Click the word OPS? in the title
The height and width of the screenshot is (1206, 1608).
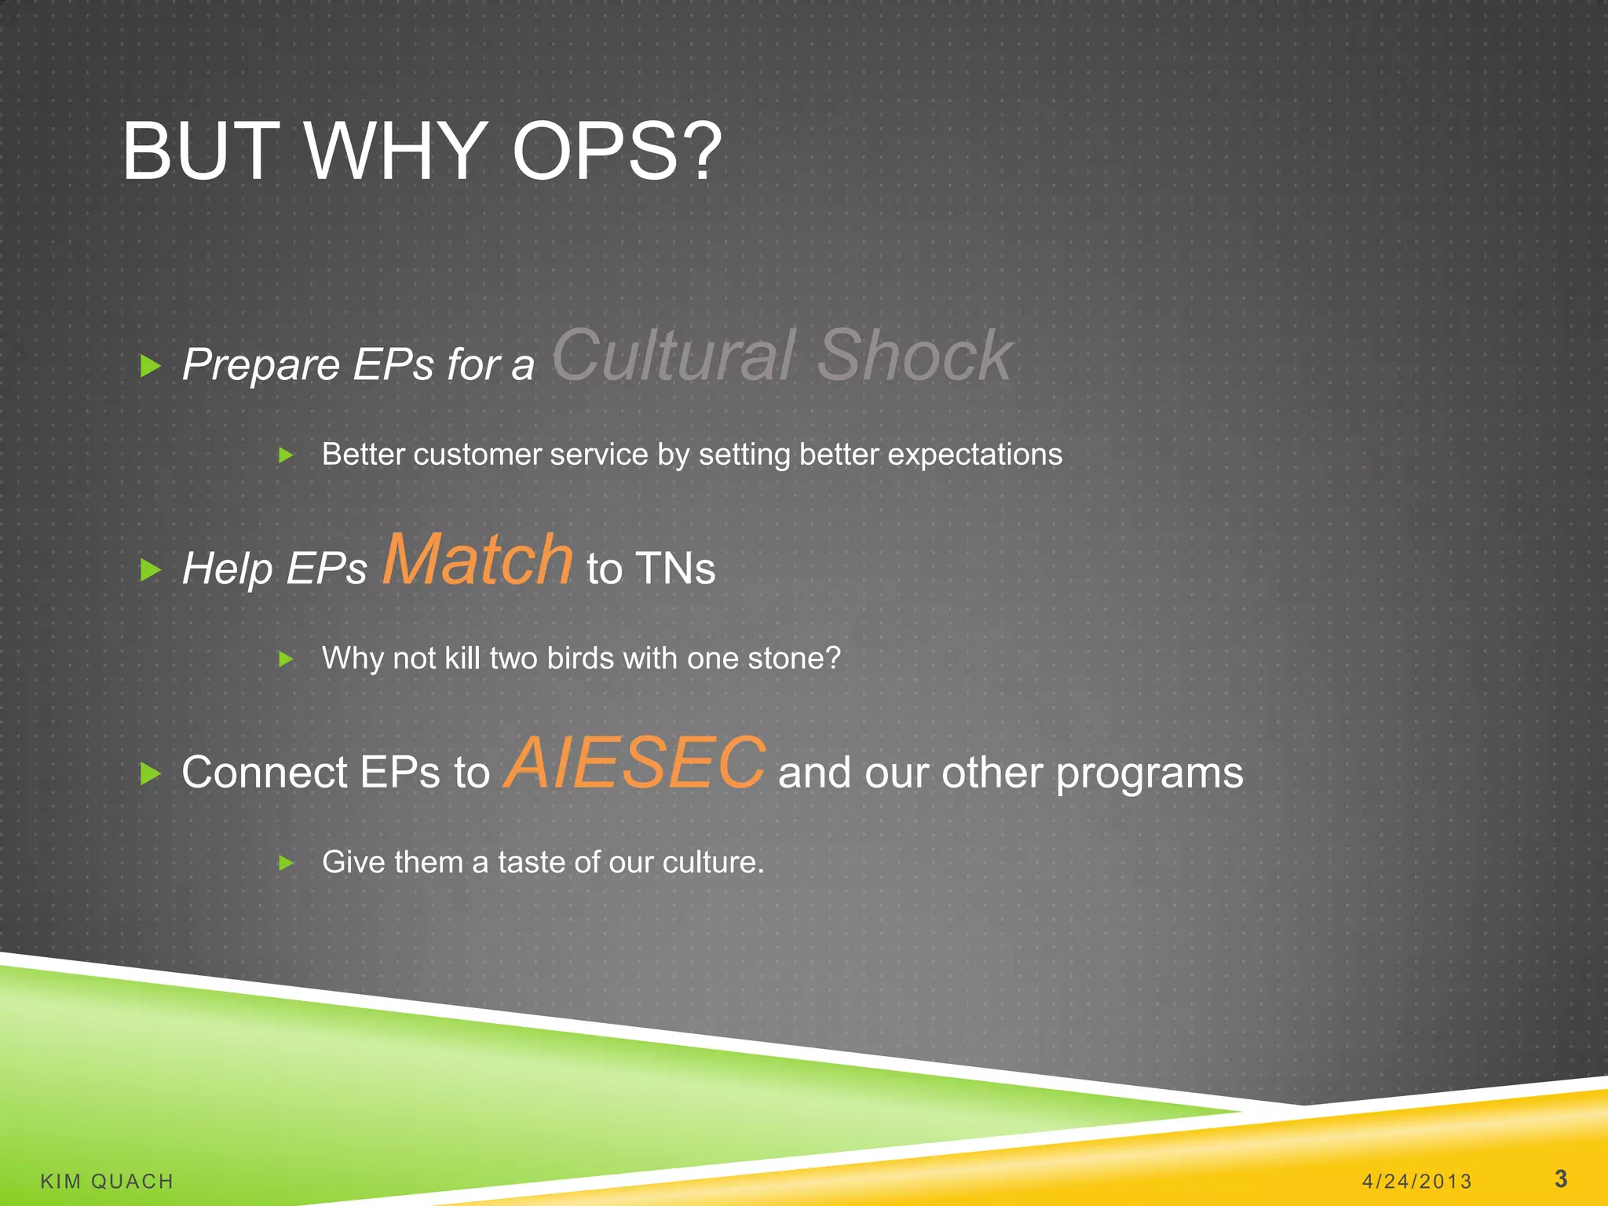pyautogui.click(x=616, y=152)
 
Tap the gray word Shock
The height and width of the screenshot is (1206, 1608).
pyautogui.click(x=915, y=356)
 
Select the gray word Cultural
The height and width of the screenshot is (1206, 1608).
pyautogui.click(x=674, y=356)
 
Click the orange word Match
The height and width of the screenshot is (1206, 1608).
pyautogui.click(x=477, y=559)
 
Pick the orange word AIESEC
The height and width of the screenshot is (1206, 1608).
pyautogui.click(x=634, y=763)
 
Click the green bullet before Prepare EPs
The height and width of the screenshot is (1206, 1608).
pyautogui.click(x=150, y=365)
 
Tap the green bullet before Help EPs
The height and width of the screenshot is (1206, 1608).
pyautogui.click(x=150, y=569)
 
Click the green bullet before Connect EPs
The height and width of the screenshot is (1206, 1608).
pyautogui.click(x=150, y=773)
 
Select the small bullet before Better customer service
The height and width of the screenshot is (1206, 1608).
pyautogui.click(x=286, y=455)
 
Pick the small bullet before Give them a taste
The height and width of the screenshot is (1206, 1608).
pyautogui.click(x=286, y=863)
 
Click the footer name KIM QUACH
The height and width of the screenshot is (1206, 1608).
pyautogui.click(x=107, y=1181)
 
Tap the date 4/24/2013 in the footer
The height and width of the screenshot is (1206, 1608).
pyautogui.click(x=1416, y=1181)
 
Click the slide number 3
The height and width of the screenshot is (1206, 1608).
pyautogui.click(x=1560, y=1179)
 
